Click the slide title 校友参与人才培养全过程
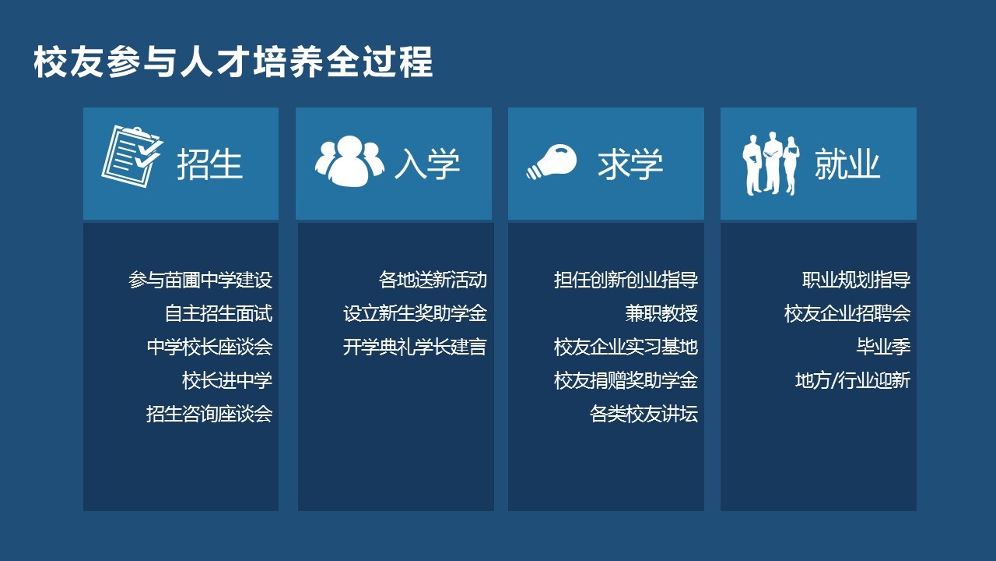click(233, 62)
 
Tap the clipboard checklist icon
click(132, 157)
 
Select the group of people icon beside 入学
click(349, 161)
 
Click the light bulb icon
click(552, 161)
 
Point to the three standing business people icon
click(770, 164)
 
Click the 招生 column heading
click(209, 164)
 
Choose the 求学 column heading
click(630, 164)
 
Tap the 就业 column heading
click(847, 164)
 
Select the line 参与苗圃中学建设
click(201, 280)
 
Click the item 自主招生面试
click(219, 313)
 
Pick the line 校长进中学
click(227, 380)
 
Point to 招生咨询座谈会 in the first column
click(209, 414)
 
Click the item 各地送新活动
click(433, 280)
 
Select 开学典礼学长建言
click(415, 347)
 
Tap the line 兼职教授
click(661, 313)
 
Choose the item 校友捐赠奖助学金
click(626, 380)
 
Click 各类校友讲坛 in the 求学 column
click(644, 414)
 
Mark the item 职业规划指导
click(857, 280)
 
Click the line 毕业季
click(883, 347)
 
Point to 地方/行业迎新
click(853, 380)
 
